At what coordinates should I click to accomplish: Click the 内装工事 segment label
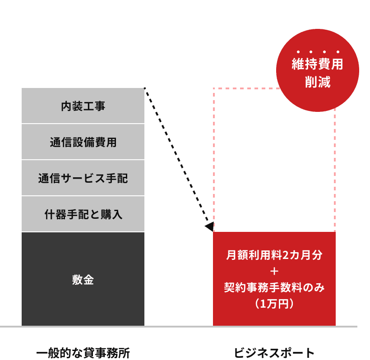[x=83, y=106]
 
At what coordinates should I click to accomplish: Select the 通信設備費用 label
[x=83, y=143]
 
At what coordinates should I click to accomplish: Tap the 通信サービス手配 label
[x=83, y=179]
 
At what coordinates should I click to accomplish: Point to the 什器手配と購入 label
[x=83, y=215]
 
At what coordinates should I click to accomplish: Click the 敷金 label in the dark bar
[x=83, y=280]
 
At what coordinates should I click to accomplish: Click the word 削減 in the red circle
[x=317, y=83]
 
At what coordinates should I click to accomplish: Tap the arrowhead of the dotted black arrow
[x=208, y=226]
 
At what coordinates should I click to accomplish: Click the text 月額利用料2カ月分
[x=274, y=255]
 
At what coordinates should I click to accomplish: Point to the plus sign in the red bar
[x=274, y=271]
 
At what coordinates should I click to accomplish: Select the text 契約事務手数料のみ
[x=274, y=287]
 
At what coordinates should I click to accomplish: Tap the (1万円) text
[x=274, y=304]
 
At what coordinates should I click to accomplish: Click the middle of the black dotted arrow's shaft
[x=176, y=156]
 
